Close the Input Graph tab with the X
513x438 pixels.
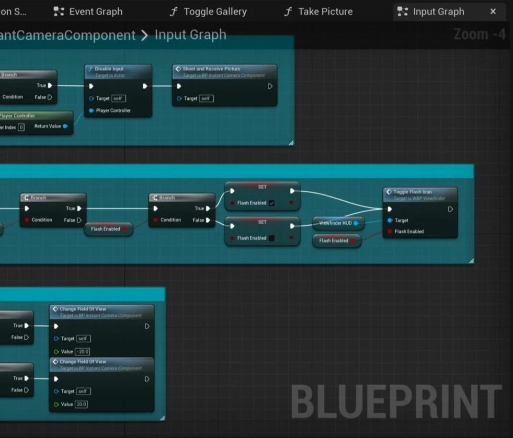493,12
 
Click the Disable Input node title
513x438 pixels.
109,69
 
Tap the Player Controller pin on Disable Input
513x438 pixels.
91,111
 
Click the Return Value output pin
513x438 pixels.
65,127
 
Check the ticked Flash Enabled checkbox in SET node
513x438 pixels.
272,203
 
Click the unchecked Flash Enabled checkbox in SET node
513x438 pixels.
272,238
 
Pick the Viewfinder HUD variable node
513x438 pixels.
337,223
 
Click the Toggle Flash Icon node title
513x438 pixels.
412,192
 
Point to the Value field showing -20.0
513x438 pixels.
83,352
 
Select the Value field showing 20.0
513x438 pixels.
81,404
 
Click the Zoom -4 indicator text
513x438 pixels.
479,34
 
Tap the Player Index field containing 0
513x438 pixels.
21,127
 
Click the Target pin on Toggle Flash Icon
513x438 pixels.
390,220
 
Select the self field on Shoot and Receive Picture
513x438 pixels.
205,99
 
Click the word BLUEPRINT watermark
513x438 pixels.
396,402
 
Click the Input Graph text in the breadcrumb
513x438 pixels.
190,35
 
